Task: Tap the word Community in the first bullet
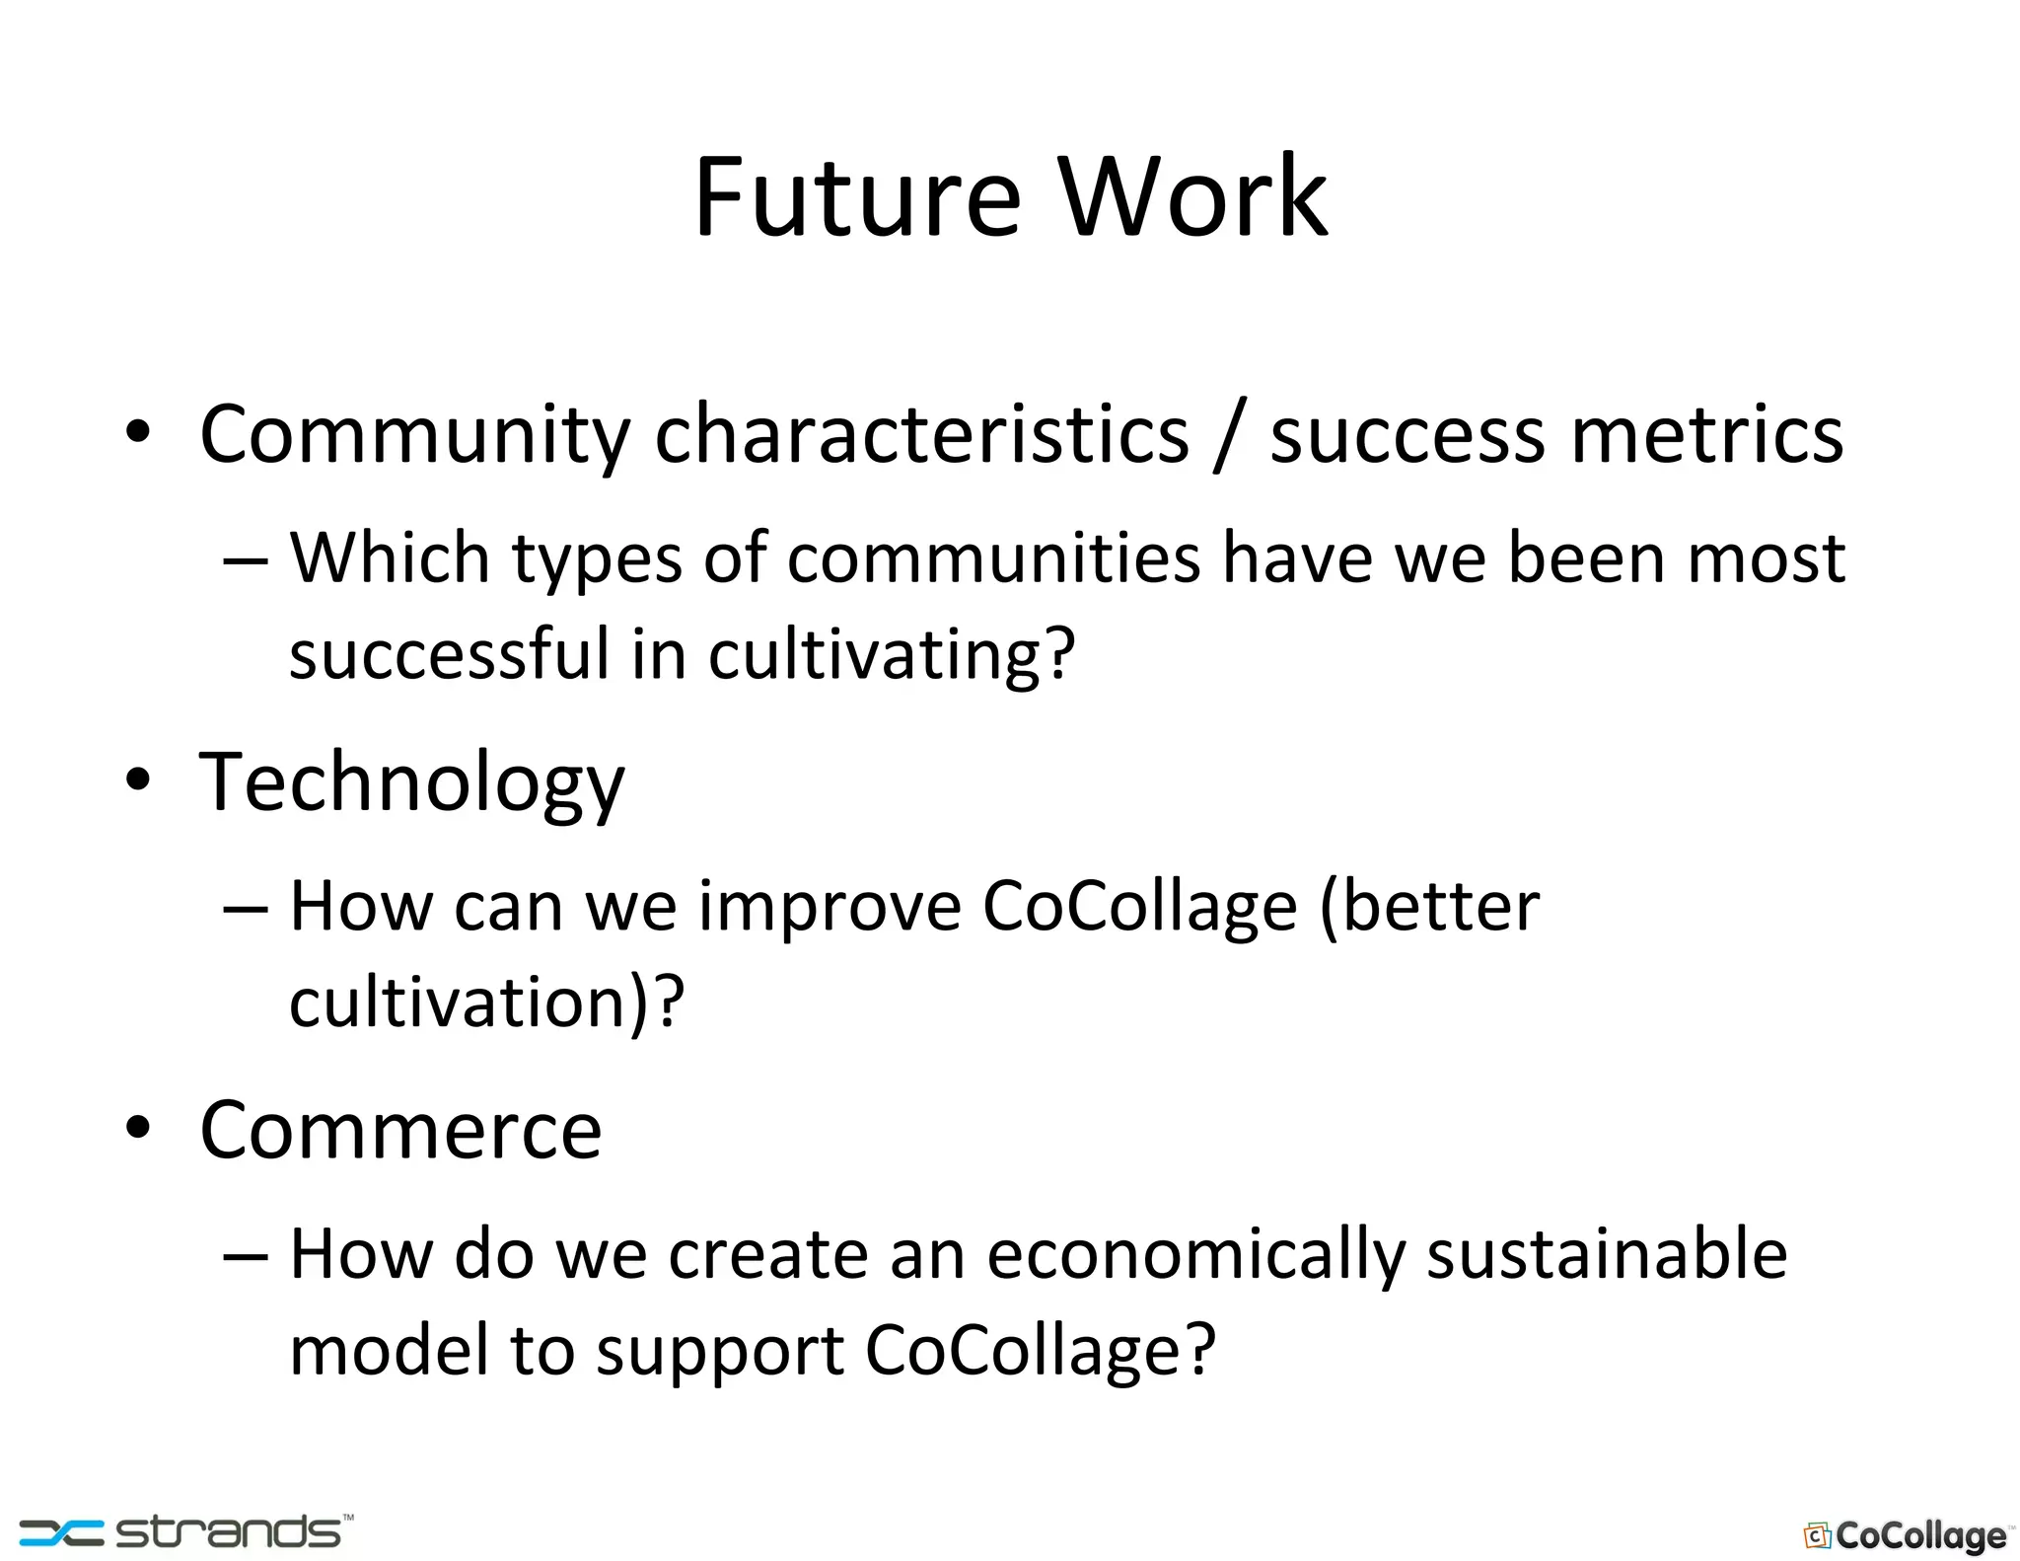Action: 414,435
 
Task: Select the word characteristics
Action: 922,435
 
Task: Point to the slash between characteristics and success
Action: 1229,435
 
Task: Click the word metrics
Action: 1706,435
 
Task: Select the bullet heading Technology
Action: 412,782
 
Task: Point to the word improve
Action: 830,906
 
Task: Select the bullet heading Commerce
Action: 400,1131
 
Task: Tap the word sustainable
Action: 1607,1255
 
